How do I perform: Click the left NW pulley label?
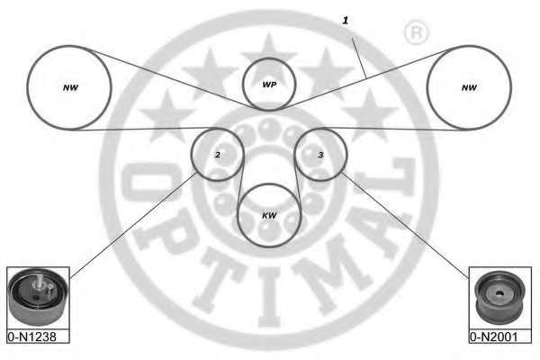pos(70,88)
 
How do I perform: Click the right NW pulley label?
pos(469,88)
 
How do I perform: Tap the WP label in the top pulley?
pos(269,85)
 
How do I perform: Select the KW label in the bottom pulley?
pos(269,216)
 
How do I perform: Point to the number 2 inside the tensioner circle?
pos(218,155)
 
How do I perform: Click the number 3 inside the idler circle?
pos(320,155)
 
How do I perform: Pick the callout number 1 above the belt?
pos(346,21)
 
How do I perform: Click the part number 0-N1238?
pos(32,337)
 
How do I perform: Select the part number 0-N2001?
pos(494,337)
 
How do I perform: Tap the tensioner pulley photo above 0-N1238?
pos(38,298)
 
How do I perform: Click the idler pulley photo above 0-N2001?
pos(499,298)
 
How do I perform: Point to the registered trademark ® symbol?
pos(416,32)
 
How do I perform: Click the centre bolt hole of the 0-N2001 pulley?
pos(499,294)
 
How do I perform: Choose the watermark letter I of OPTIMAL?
pos(270,298)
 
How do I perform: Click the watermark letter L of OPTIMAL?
pos(386,178)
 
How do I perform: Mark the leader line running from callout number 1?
pos(359,58)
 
